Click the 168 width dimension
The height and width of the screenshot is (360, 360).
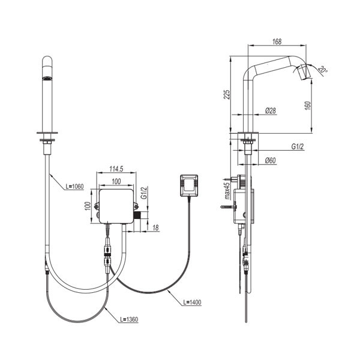277,41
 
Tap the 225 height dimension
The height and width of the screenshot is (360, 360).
227,94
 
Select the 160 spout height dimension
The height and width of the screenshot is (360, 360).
308,106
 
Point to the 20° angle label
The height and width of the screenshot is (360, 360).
323,70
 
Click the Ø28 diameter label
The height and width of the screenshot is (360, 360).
271,110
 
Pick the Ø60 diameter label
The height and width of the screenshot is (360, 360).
270,160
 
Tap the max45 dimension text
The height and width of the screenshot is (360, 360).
227,191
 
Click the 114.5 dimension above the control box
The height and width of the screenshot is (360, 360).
116,169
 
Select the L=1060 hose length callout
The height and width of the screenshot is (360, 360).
74,187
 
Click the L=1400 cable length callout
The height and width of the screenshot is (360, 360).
193,302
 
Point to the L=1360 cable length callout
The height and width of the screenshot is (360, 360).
129,319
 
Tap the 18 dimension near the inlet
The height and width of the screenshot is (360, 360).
155,228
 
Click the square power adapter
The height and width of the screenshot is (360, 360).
189,185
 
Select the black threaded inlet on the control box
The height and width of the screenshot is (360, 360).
137,215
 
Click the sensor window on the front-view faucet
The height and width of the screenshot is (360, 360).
47,78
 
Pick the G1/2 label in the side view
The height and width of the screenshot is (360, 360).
298,146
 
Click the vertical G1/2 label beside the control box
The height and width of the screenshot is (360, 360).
143,193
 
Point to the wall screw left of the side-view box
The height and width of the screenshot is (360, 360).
229,207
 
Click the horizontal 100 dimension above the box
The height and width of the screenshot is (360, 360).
116,182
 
